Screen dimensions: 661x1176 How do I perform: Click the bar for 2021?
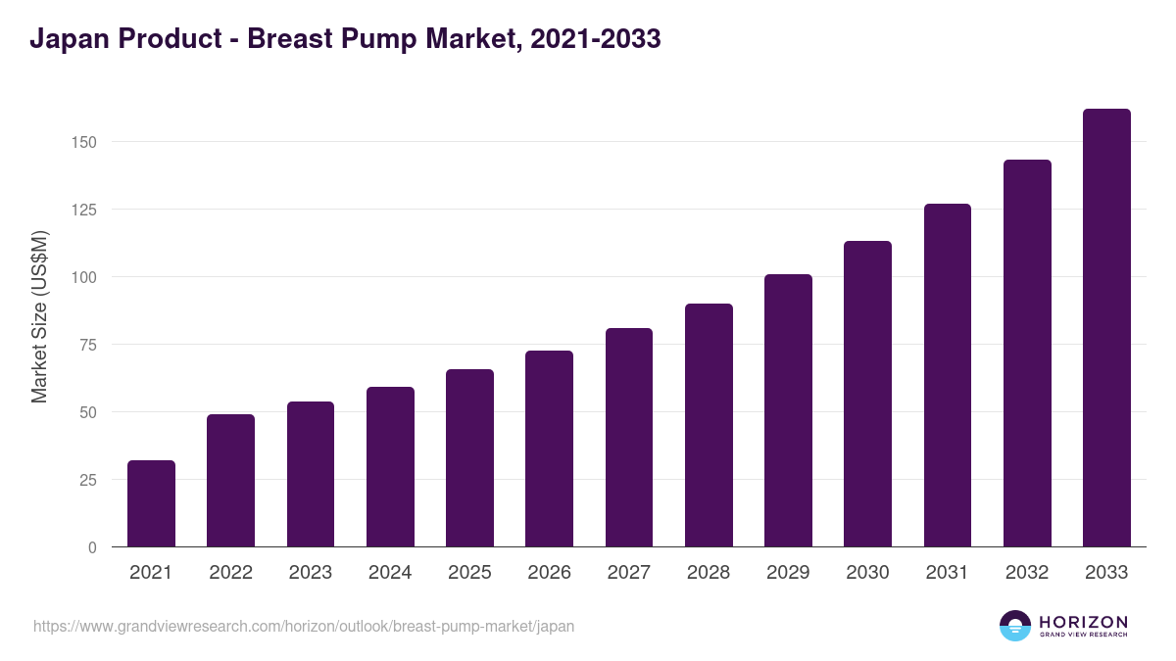(151, 503)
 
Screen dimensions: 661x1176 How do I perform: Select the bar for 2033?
(1106, 328)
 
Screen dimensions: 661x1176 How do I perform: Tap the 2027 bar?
(629, 438)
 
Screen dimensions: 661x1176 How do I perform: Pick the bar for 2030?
(867, 394)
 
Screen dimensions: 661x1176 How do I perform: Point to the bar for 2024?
(390, 467)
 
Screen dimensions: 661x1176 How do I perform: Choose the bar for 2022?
(230, 481)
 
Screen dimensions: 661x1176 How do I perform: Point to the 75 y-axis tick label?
(87, 345)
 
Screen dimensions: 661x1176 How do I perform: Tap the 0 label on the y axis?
(92, 547)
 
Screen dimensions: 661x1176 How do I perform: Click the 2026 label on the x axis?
(549, 573)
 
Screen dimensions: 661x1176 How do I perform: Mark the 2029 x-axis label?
(788, 573)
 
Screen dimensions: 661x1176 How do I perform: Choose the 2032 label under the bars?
(1027, 573)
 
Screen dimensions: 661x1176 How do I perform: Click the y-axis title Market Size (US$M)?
(39, 316)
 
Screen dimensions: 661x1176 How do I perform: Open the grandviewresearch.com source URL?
(304, 626)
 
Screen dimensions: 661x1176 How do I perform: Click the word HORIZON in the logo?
(1083, 622)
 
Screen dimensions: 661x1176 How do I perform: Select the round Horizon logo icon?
(1015, 626)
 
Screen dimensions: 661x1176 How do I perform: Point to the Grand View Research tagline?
(1083, 636)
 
